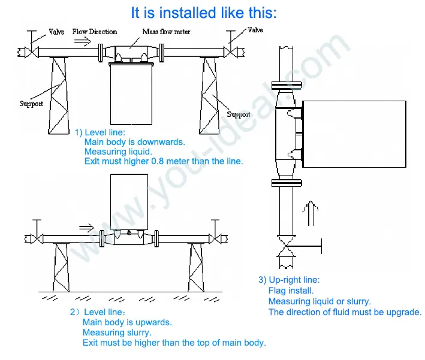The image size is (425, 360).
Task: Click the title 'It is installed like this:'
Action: (x=204, y=13)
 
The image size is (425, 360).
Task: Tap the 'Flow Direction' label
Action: (x=95, y=31)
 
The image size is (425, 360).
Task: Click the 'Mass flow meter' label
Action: (x=166, y=31)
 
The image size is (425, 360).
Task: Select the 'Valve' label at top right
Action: (x=255, y=30)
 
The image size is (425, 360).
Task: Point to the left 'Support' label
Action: (x=31, y=104)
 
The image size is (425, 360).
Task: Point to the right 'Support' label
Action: (x=239, y=114)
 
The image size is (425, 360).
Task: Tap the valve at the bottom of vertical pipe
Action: (x=285, y=244)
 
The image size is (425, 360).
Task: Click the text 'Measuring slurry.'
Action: (x=117, y=332)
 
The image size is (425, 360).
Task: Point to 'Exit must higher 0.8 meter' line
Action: (x=164, y=161)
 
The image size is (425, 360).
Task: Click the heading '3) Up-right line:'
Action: (x=289, y=280)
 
